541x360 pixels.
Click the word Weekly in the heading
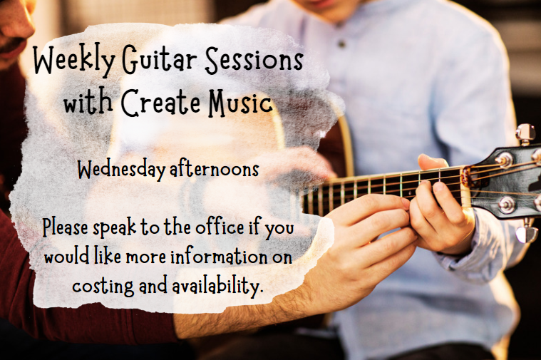point(74,60)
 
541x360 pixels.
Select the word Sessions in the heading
point(254,59)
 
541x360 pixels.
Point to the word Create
point(160,103)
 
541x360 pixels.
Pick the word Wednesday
point(121,170)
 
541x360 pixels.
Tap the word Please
point(65,227)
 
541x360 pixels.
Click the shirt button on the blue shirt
point(341,43)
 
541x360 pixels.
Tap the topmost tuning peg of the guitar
point(525,133)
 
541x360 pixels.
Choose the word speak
point(115,228)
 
